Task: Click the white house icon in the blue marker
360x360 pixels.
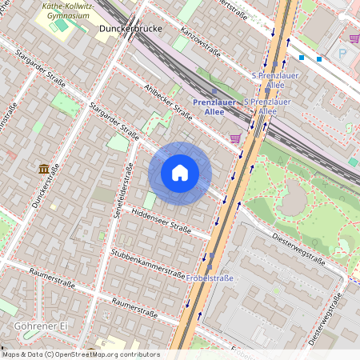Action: point(180,173)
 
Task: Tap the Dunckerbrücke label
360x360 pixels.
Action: point(131,30)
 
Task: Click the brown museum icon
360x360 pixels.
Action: point(44,169)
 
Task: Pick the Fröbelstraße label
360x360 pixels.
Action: point(211,278)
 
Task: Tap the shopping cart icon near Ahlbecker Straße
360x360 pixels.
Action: point(235,138)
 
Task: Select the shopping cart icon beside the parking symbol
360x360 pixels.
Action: point(354,38)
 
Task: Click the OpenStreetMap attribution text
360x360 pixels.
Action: point(80,354)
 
